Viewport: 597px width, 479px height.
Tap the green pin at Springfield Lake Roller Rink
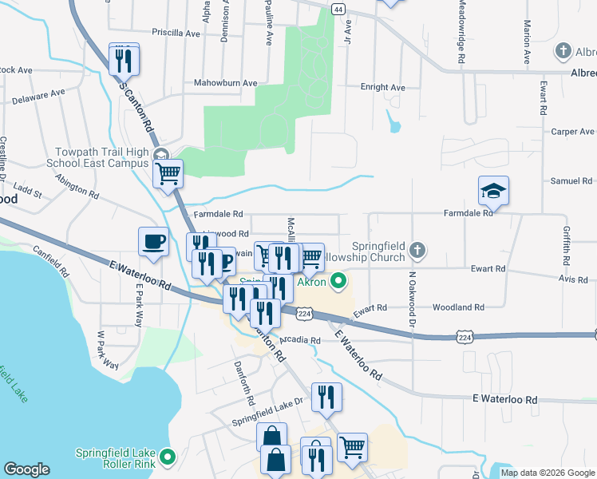pyautogui.click(x=167, y=457)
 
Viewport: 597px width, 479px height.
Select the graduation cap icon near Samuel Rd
pyautogui.click(x=493, y=191)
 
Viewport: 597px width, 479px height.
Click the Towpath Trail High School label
pyautogui.click(x=101, y=158)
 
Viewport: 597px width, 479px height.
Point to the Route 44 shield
pyautogui.click(x=338, y=9)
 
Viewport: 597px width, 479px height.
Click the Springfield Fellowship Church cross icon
pyautogui.click(x=416, y=252)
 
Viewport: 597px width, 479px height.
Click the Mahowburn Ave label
pyautogui.click(x=226, y=83)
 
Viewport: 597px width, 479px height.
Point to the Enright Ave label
pyautogui.click(x=383, y=87)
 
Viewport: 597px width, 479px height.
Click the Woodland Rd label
pyautogui.click(x=458, y=307)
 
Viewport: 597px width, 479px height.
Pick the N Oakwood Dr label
pyautogui.click(x=413, y=300)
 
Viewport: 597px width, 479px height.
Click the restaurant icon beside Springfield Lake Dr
pyautogui.click(x=326, y=397)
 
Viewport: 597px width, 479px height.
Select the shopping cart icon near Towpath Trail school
pyautogui.click(x=168, y=172)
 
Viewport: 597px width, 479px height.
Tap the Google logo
pyautogui.click(x=26, y=469)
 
